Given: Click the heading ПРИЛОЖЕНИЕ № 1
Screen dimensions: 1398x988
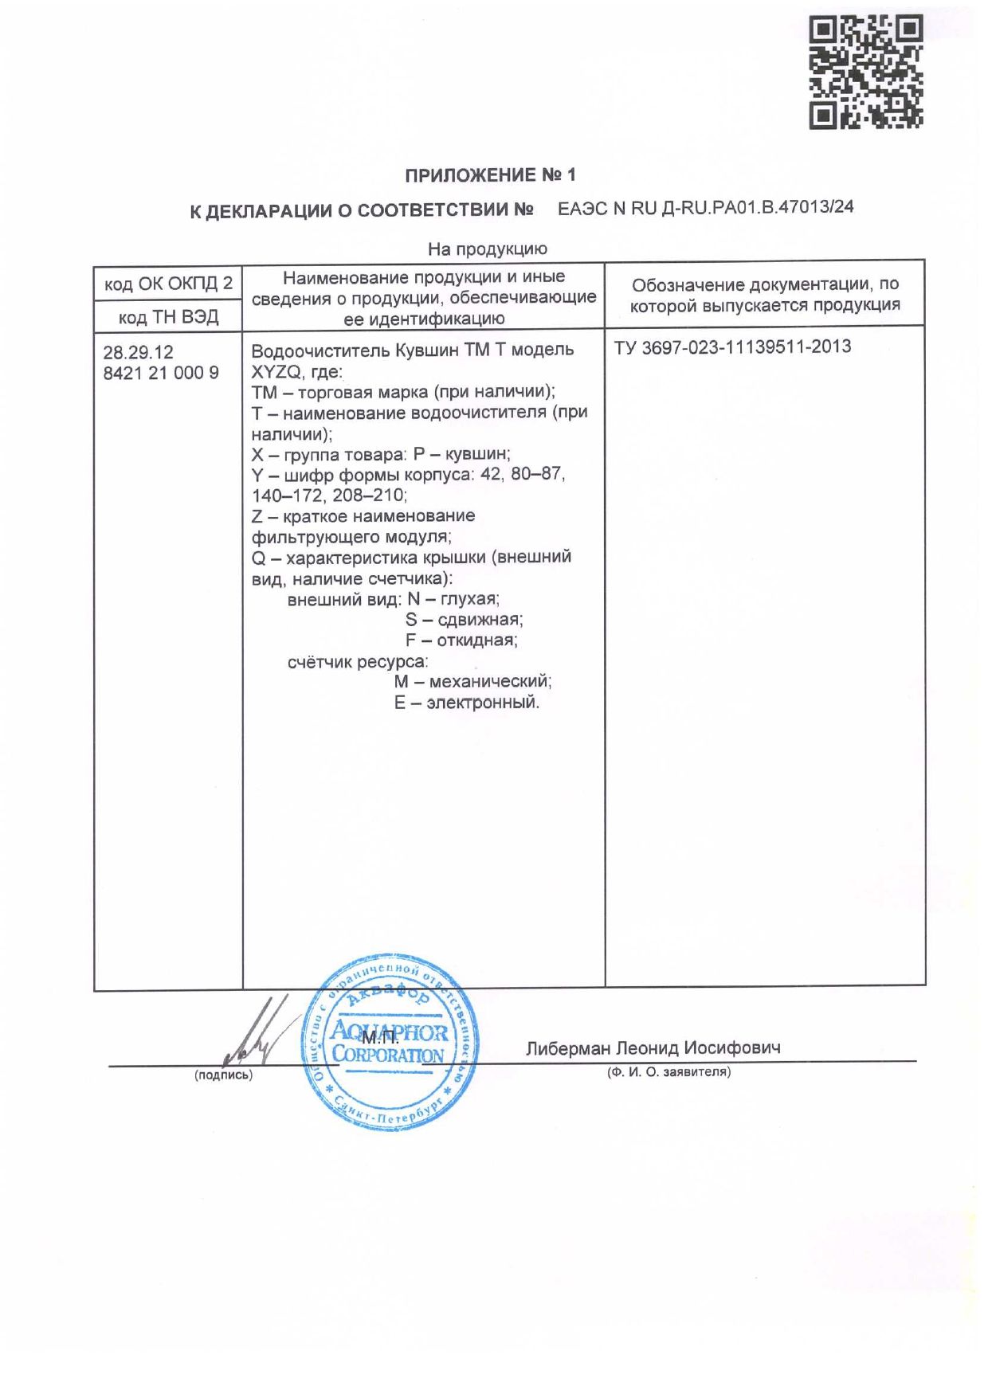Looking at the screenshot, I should (489, 175).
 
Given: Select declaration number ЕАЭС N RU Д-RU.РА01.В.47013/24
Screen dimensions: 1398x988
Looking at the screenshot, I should (705, 208).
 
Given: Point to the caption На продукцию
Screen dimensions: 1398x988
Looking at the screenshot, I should (487, 249).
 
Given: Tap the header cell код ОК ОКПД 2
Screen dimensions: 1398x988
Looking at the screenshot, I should (168, 284).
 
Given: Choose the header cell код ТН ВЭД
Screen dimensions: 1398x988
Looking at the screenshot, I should (168, 317).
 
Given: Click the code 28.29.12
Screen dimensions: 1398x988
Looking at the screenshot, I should (139, 352).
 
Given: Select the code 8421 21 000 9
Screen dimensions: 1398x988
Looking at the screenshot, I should (161, 373).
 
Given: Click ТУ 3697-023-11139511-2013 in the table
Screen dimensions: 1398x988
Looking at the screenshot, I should (732, 347).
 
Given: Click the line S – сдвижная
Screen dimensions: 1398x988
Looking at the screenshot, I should (464, 620).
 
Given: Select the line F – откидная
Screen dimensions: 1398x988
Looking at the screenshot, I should (461, 640).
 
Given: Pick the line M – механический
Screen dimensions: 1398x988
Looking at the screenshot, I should (472, 682).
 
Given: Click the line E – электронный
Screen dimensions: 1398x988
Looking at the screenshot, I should (467, 703).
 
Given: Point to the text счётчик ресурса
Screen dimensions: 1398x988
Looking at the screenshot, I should (358, 662).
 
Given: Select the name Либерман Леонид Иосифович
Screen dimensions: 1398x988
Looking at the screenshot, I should (653, 1048).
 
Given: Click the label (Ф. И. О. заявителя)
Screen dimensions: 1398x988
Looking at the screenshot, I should (668, 1072).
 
